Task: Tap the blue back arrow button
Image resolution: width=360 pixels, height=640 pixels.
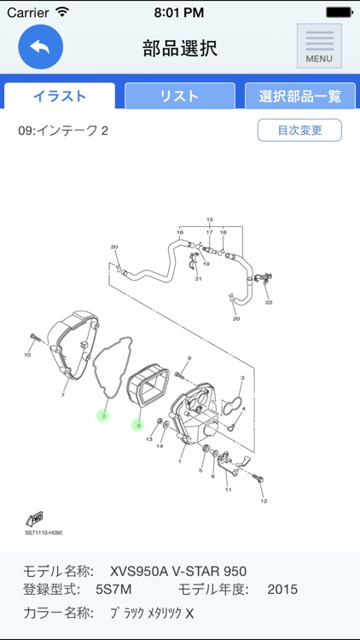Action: point(40,46)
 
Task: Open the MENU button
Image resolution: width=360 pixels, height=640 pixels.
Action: point(319,46)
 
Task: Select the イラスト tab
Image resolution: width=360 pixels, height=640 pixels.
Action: point(60,96)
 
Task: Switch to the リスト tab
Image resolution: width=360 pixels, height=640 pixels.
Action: point(180,96)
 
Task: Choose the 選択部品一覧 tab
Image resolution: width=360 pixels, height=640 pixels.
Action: point(299,96)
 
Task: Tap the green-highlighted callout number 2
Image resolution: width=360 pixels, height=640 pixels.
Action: point(103,416)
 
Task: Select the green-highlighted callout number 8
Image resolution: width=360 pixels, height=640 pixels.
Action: point(138,424)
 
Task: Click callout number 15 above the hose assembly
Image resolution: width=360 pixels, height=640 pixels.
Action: point(209,220)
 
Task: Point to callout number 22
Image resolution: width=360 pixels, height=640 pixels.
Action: point(269,302)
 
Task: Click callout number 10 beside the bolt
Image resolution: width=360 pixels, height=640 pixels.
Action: point(27,354)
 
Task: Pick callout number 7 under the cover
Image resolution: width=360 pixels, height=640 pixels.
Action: point(63,395)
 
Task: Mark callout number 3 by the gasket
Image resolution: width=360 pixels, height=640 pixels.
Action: point(242,377)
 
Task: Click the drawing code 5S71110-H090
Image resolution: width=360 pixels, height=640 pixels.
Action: point(44,533)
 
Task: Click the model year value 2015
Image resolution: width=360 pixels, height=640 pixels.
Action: point(282,590)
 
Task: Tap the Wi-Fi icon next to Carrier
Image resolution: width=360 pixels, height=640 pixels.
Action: point(62,13)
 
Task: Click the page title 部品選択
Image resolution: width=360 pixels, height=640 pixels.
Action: point(180,48)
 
